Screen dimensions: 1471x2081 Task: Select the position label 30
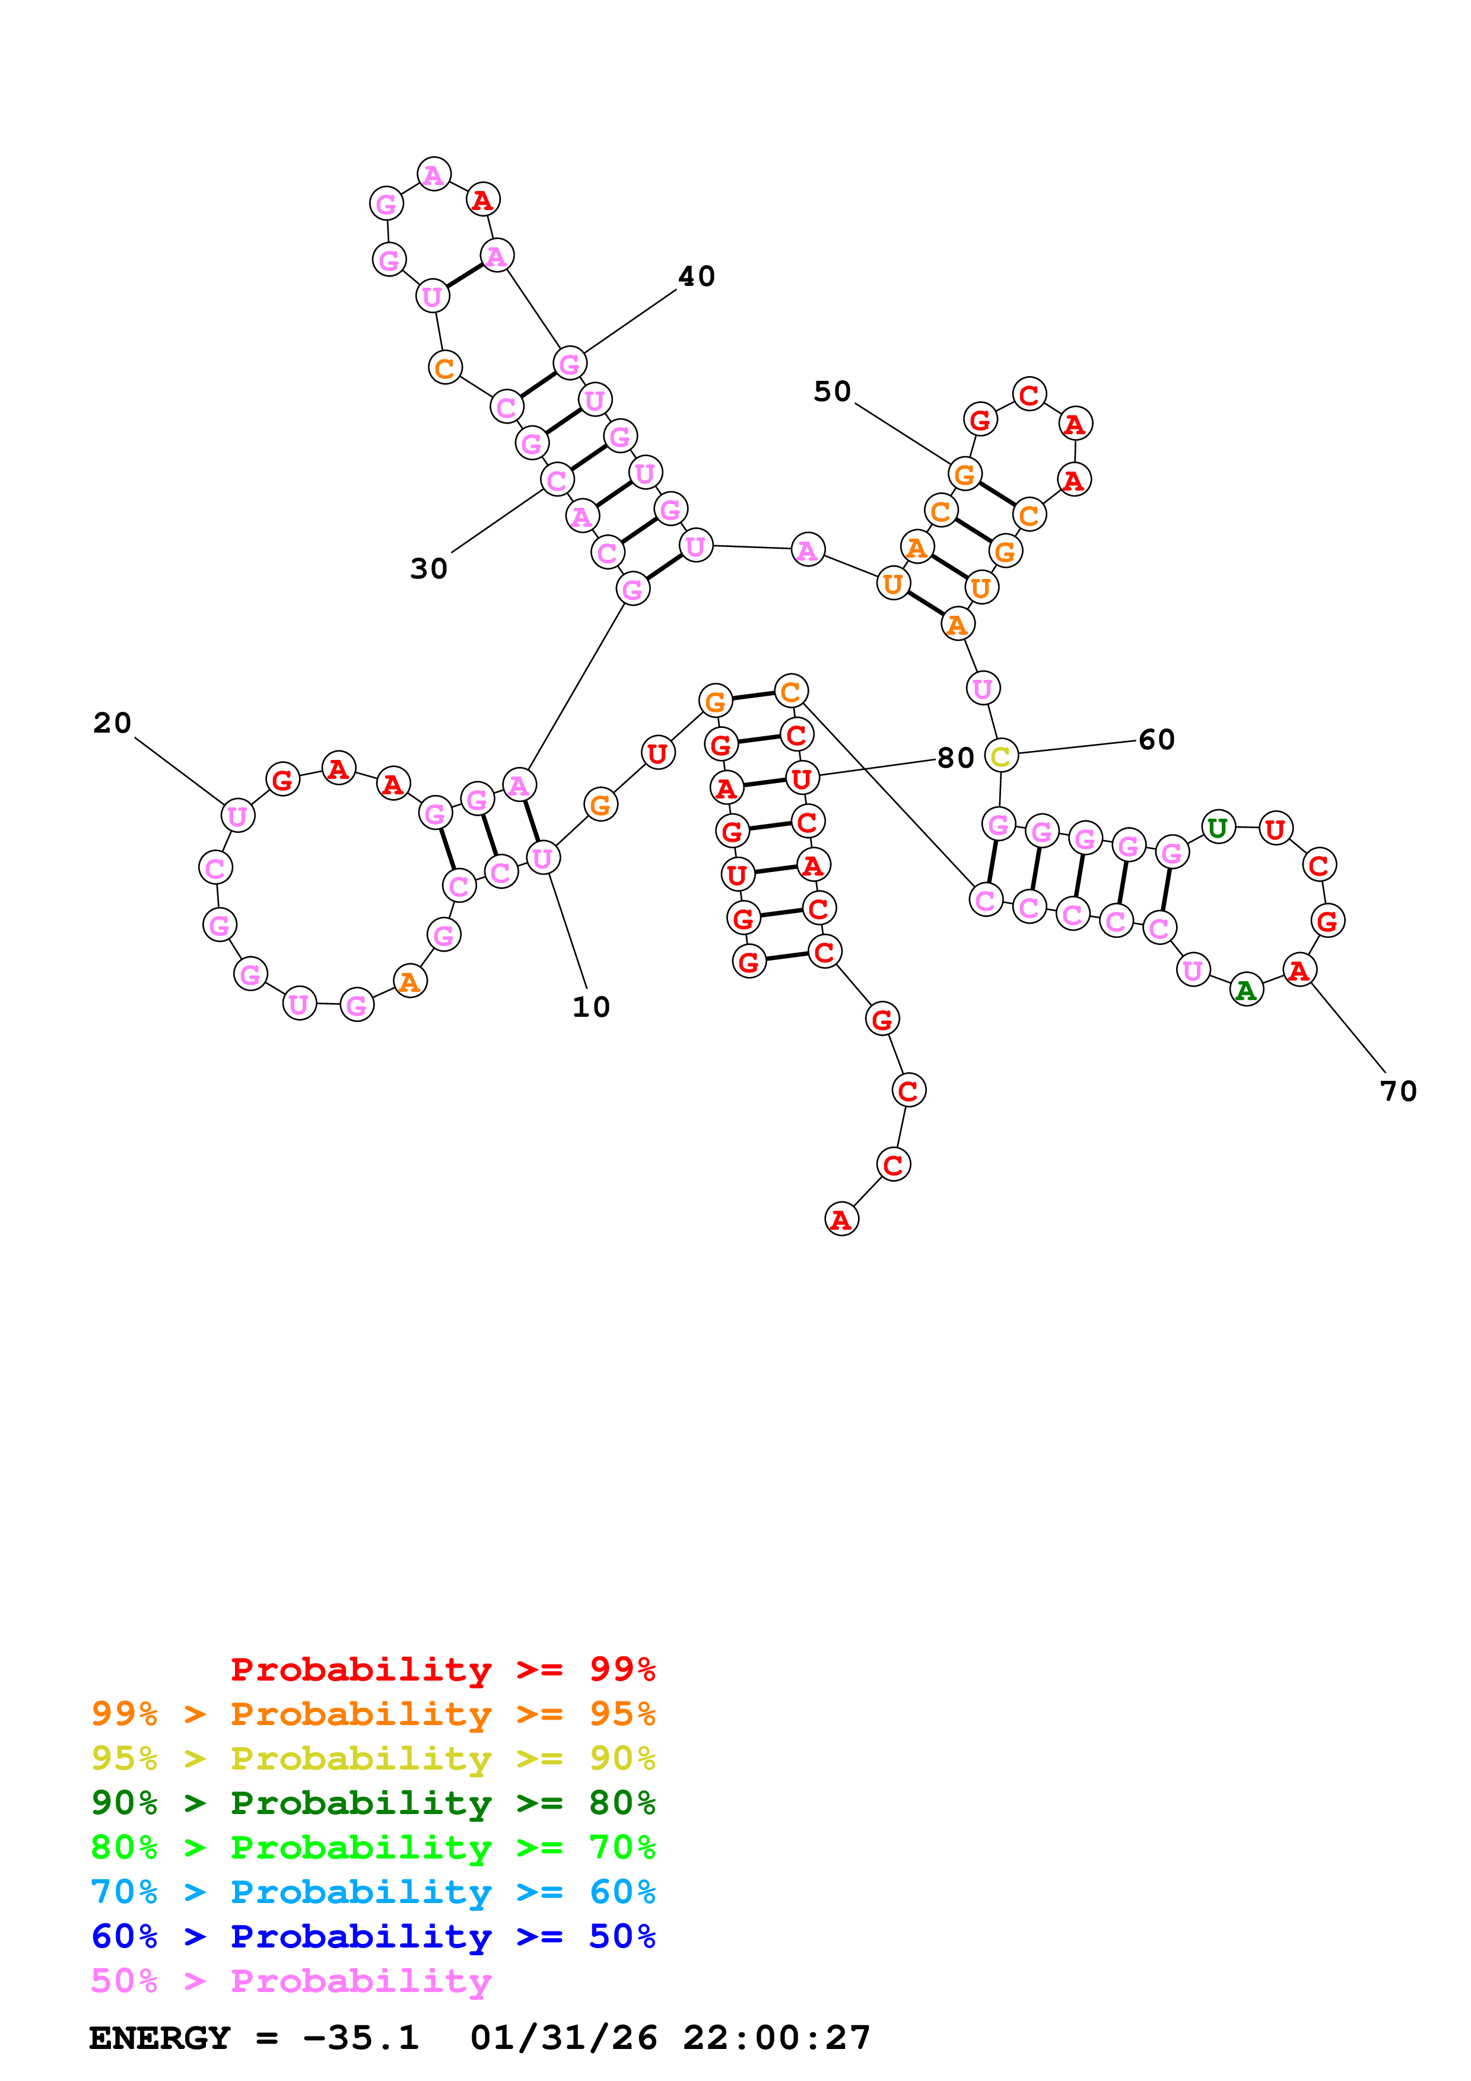coord(428,568)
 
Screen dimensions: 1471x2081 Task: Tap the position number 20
coord(112,723)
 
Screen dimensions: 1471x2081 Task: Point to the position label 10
coord(591,1006)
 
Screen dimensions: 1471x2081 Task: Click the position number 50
coord(832,392)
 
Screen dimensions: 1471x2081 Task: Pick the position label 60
coord(1157,740)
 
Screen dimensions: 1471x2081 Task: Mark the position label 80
coord(955,758)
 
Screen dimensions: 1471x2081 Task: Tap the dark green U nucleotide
coord(1218,828)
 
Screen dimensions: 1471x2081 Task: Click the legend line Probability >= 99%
coord(442,1669)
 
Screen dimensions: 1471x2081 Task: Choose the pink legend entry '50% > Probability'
coord(291,1981)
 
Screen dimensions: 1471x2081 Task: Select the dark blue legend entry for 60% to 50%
coord(373,1937)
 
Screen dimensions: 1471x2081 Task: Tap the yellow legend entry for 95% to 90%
coord(373,1758)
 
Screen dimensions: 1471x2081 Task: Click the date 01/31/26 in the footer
coord(564,2038)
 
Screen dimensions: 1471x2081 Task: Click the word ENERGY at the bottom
coord(160,2038)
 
